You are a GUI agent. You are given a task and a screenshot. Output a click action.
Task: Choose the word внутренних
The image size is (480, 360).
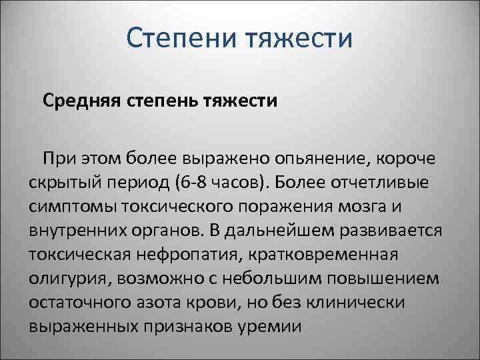click(81, 230)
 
